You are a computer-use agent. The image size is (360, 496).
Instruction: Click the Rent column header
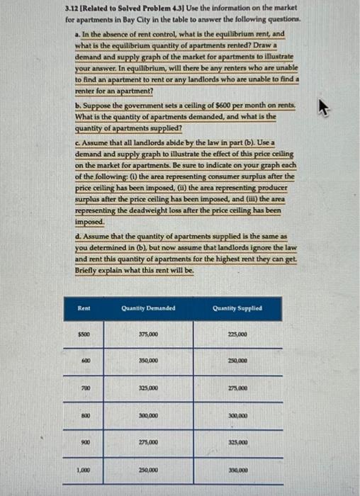84,308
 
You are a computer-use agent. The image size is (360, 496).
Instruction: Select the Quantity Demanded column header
148,308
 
